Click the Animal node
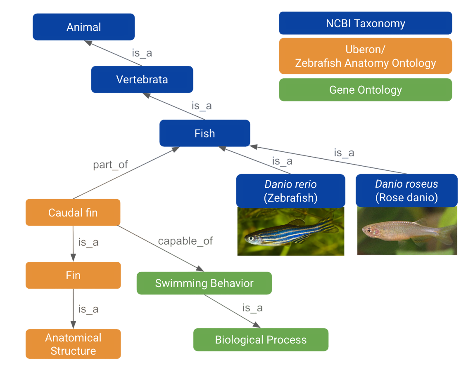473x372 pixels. pos(84,27)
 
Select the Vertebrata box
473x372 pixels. pos(142,79)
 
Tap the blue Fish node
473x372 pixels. pos(205,133)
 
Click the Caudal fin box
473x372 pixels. pos(73,213)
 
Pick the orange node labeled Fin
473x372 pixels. pos(73,275)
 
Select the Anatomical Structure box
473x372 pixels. pos(73,344)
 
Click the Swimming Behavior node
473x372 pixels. pos(204,283)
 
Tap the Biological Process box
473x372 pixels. pos(261,340)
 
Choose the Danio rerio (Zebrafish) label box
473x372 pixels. pos(290,191)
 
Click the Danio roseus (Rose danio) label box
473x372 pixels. pos(406,191)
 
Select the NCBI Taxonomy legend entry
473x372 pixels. pos(365,23)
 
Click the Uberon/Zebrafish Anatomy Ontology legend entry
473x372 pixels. pos(365,56)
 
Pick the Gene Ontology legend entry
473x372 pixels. pos(365,89)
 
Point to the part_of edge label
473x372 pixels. pos(111,165)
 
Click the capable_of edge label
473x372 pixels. pos(185,241)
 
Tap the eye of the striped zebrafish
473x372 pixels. pos(250,238)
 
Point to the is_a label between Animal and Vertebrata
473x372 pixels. pos(142,53)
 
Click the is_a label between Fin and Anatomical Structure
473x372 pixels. pos(88,309)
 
